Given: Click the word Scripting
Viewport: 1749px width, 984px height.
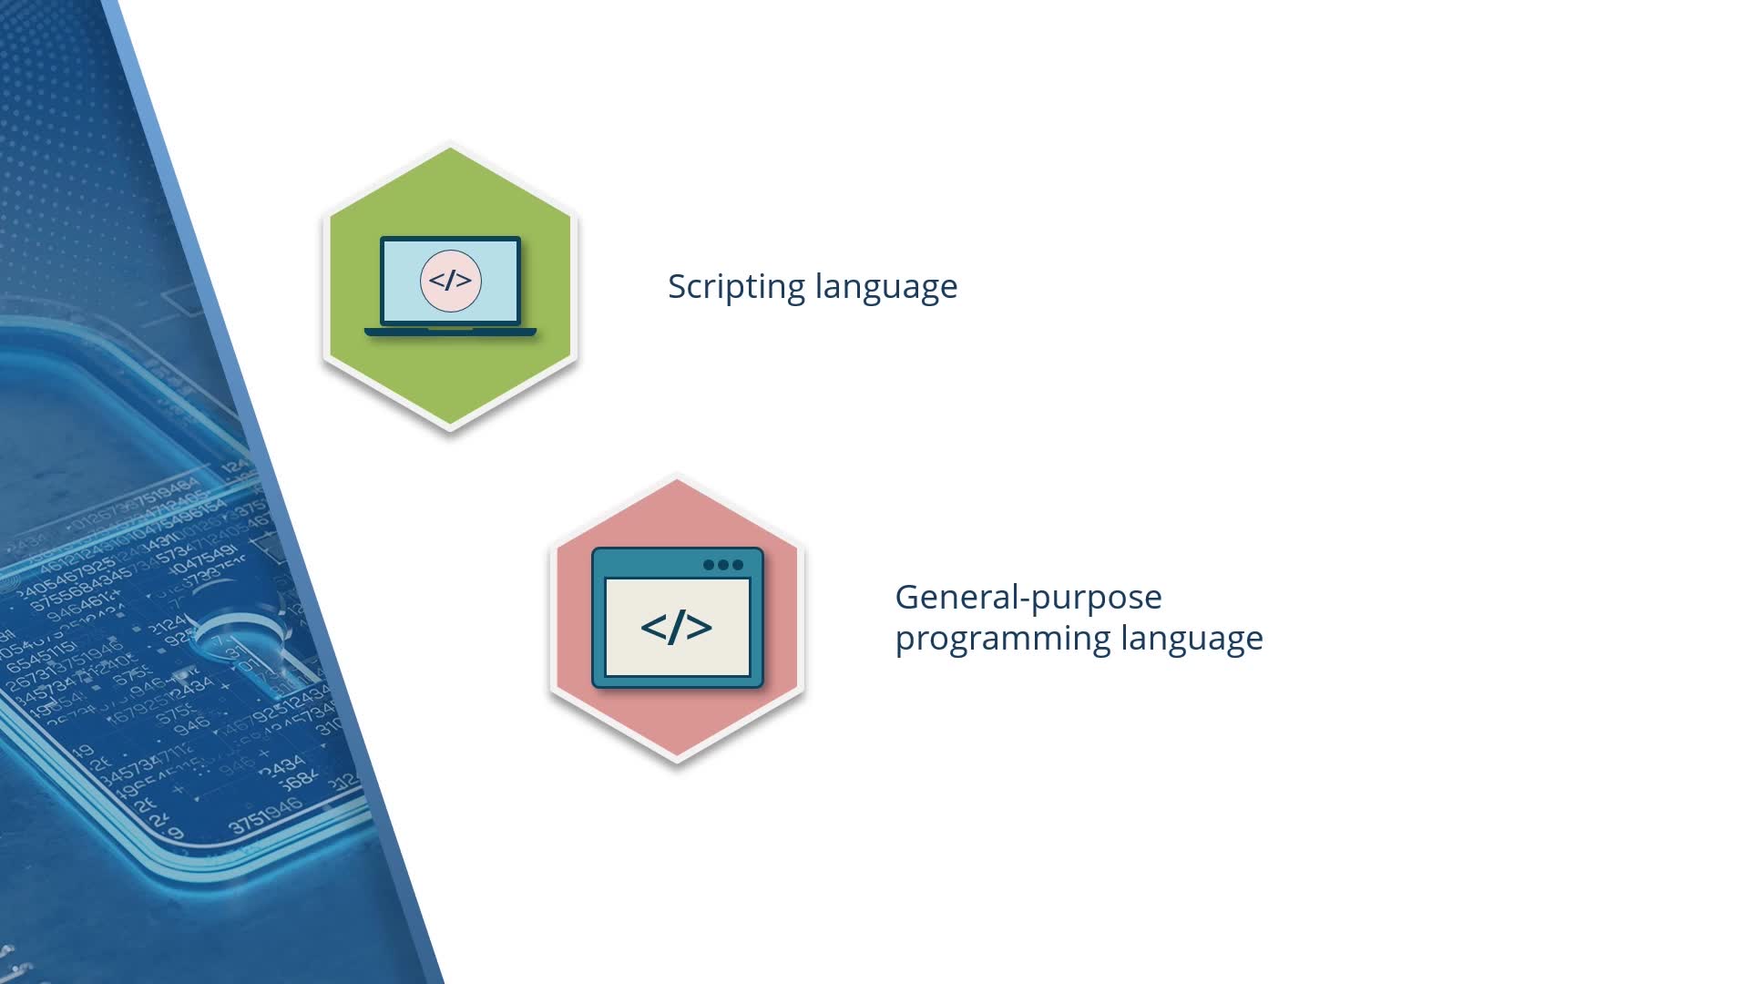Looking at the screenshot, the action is (736, 287).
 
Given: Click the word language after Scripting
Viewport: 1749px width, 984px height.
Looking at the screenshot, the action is (886, 287).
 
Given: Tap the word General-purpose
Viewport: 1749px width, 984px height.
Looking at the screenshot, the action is (1028, 599).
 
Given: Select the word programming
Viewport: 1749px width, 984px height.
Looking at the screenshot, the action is (1002, 640).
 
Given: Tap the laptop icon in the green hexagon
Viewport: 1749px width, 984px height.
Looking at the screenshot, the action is (450, 286).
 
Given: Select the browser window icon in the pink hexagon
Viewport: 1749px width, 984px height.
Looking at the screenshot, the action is (677, 617).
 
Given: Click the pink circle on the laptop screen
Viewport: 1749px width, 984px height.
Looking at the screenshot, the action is (450, 281).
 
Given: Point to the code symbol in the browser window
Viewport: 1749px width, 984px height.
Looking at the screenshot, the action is (676, 627).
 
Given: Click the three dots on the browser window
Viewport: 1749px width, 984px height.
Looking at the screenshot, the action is (723, 565).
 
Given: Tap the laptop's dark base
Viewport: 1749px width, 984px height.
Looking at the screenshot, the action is (450, 332).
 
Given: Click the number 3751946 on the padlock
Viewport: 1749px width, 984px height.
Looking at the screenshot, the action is (266, 815).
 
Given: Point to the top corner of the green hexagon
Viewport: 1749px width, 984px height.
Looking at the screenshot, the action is (450, 144).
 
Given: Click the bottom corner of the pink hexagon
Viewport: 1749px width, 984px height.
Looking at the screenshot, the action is (677, 762).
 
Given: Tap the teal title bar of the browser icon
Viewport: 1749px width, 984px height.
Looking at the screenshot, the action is (677, 563).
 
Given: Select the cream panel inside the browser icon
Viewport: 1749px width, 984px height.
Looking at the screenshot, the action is (677, 627).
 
